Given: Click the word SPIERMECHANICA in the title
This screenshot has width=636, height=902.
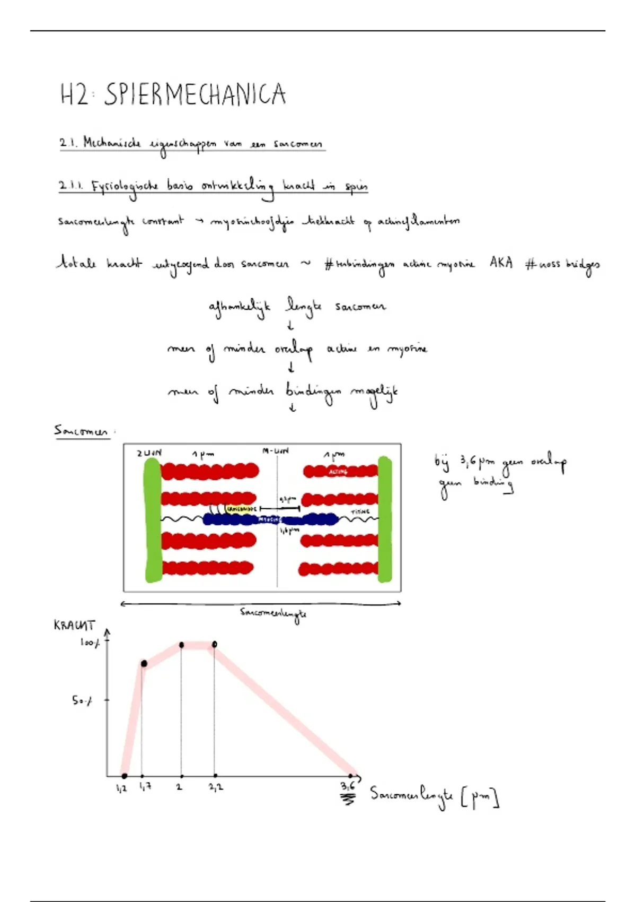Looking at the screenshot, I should tap(195, 95).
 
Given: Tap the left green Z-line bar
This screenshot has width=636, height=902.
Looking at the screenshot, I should tap(153, 520).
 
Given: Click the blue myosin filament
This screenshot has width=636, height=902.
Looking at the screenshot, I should tap(270, 519).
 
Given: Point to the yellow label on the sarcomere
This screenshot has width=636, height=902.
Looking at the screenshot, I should tap(241, 509).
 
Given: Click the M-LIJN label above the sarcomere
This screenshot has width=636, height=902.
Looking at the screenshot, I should tap(276, 451).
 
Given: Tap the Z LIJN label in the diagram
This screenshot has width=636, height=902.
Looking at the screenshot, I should tap(148, 453).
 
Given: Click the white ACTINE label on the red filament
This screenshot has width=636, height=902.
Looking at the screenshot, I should tap(338, 471).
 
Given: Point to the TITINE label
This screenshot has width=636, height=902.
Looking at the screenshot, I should tap(360, 511).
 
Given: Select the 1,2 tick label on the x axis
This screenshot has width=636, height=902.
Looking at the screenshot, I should tap(121, 788).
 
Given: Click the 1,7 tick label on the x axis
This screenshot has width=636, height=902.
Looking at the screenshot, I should tap(145, 786).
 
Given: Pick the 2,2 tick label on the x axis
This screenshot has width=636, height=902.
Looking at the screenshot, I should tap(216, 787).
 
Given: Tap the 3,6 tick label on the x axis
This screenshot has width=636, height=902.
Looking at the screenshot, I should tap(348, 786).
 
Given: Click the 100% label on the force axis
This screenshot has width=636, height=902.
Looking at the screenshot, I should tap(90, 643).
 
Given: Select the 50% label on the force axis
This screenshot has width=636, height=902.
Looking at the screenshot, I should tap(82, 700).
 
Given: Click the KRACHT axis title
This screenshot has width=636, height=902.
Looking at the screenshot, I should tap(74, 625).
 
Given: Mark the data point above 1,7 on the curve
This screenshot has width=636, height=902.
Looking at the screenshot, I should tap(144, 663).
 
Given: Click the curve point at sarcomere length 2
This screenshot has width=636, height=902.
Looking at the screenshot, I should tap(181, 645).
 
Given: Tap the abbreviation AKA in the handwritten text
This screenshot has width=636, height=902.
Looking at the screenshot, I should tap(501, 263).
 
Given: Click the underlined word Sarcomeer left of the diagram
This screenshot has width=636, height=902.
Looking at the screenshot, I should tap(81, 431).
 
